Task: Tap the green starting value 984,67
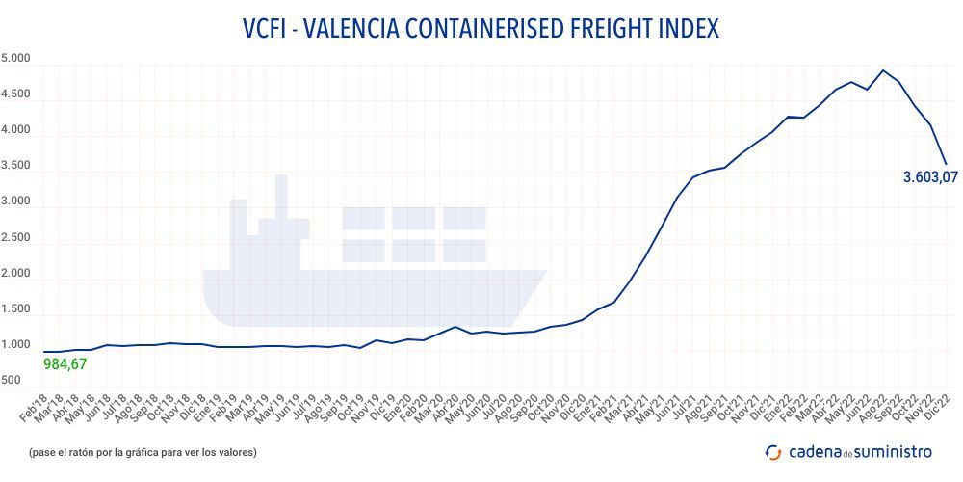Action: coord(65,364)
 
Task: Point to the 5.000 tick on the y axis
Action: coord(16,59)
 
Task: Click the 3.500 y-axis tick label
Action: coord(16,166)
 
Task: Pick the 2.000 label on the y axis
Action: coord(16,274)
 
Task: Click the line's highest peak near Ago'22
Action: coord(883,70)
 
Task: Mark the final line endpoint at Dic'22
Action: coord(947,164)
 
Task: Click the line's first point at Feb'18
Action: coord(44,352)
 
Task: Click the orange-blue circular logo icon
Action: coord(772,452)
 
